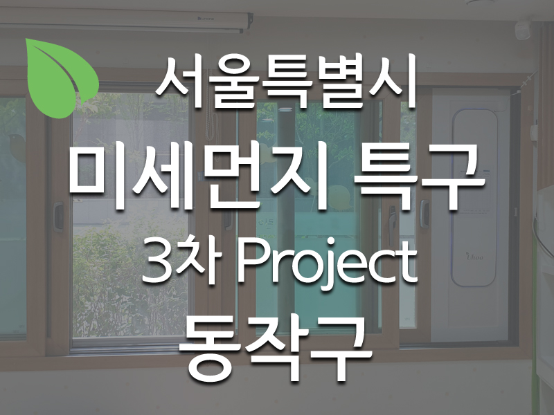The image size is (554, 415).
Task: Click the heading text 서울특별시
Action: pos(286,82)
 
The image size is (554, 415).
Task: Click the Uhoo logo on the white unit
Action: pos(475,257)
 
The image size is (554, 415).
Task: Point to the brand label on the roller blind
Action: pos(205,18)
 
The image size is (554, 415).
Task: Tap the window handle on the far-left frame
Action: pos(57,216)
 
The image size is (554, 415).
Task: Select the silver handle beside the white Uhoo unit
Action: pos(424,214)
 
